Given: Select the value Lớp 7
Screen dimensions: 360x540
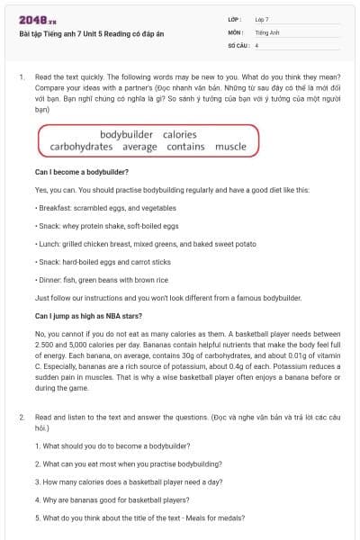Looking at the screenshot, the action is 262,18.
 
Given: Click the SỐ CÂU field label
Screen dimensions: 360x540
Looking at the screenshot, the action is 237,43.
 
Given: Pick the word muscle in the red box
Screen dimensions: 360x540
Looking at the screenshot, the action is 230,146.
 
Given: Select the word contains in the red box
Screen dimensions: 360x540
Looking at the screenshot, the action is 185,146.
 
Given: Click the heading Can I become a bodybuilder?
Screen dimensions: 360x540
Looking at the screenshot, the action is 82,171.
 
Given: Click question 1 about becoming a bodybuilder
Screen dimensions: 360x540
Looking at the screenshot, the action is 109,444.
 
